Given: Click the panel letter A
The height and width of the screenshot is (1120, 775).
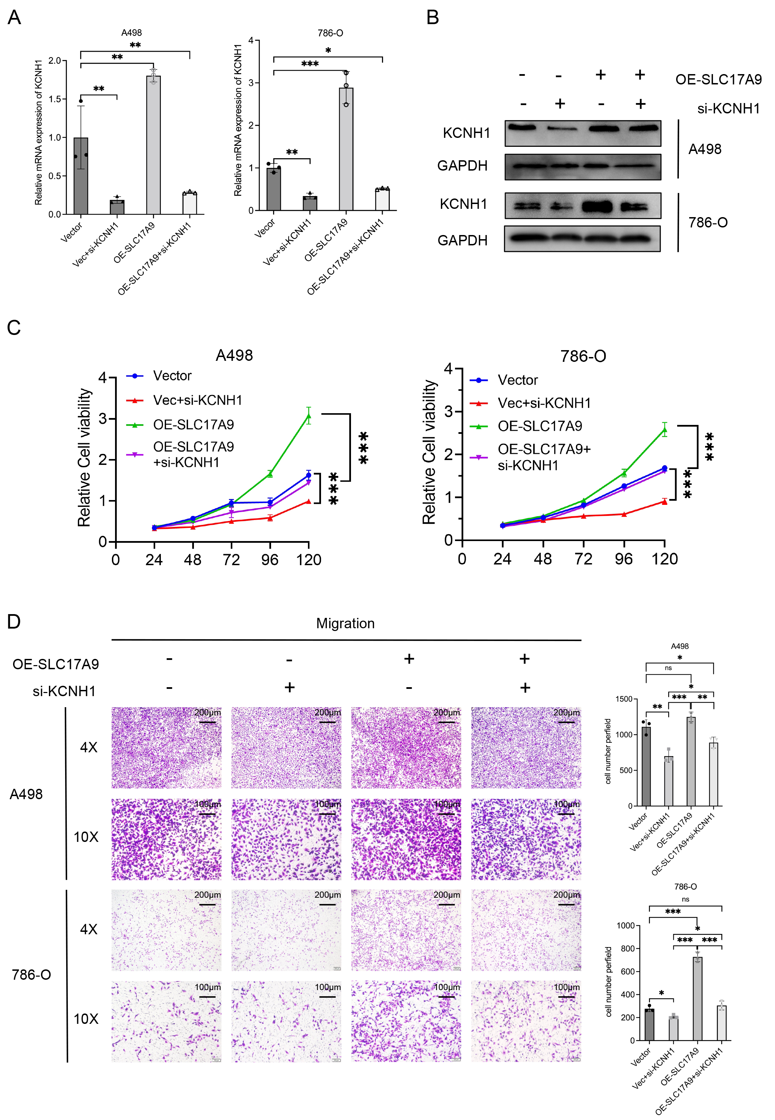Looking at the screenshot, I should tap(14, 18).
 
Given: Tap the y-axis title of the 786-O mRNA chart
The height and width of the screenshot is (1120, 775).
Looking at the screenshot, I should tap(238, 120).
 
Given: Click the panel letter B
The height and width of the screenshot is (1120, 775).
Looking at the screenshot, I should tap(432, 18).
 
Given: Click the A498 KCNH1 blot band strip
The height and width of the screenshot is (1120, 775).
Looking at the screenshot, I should tap(583, 133).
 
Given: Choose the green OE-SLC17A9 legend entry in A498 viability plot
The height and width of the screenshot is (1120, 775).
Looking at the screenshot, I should tap(193, 425).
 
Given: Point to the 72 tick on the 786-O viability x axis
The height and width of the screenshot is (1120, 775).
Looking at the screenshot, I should tap(583, 559).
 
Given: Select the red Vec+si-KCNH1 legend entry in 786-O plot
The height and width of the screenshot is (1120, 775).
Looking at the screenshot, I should tap(544, 403).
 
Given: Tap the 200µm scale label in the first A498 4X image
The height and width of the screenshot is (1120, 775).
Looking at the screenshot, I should tap(207, 713).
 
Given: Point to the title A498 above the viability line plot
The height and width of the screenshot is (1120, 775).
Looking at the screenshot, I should tap(234, 356).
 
